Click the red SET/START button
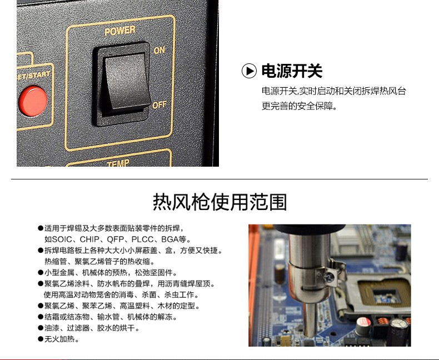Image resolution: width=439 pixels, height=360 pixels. click(x=33, y=101)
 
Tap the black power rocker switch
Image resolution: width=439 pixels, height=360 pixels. click(x=122, y=84)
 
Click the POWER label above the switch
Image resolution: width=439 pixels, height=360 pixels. click(x=120, y=31)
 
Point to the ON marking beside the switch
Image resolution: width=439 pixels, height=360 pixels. click(x=159, y=50)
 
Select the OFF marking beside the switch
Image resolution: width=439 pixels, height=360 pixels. click(x=159, y=104)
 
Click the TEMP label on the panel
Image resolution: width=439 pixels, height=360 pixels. click(x=118, y=163)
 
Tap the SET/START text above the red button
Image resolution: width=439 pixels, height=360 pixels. click(x=33, y=76)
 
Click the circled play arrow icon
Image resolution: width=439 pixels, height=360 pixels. click(x=249, y=71)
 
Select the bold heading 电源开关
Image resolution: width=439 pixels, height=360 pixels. click(x=292, y=71)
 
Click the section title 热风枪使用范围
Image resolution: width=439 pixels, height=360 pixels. click(x=220, y=202)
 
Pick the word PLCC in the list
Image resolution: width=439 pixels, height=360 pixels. click(x=142, y=239)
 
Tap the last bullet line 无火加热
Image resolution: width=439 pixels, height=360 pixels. click(x=59, y=339)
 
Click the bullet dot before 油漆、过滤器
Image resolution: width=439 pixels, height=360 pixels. click(x=41, y=328)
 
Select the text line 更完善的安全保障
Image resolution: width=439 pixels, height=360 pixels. click(x=299, y=106)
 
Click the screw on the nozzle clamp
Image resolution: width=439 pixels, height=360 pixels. click(x=329, y=277)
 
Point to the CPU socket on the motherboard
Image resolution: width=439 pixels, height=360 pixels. click(x=381, y=294)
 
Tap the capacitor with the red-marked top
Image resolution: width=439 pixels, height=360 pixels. click(x=363, y=326)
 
